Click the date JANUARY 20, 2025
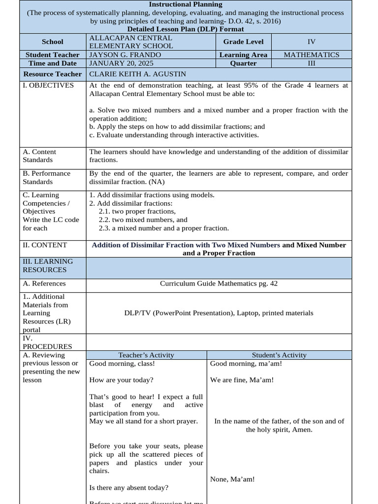121,63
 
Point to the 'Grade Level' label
243,42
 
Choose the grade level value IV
311,42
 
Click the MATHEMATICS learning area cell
311,55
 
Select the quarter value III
311,63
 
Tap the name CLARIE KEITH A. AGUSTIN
137,74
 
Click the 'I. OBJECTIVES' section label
48,85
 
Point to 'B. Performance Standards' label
46,177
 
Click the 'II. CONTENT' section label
45,245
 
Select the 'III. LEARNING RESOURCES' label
47,265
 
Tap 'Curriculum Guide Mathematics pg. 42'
219,283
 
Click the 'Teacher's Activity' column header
146,355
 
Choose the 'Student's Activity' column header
279,355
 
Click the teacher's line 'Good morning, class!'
122,364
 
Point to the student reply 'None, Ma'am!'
232,479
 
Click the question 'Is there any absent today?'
128,487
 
